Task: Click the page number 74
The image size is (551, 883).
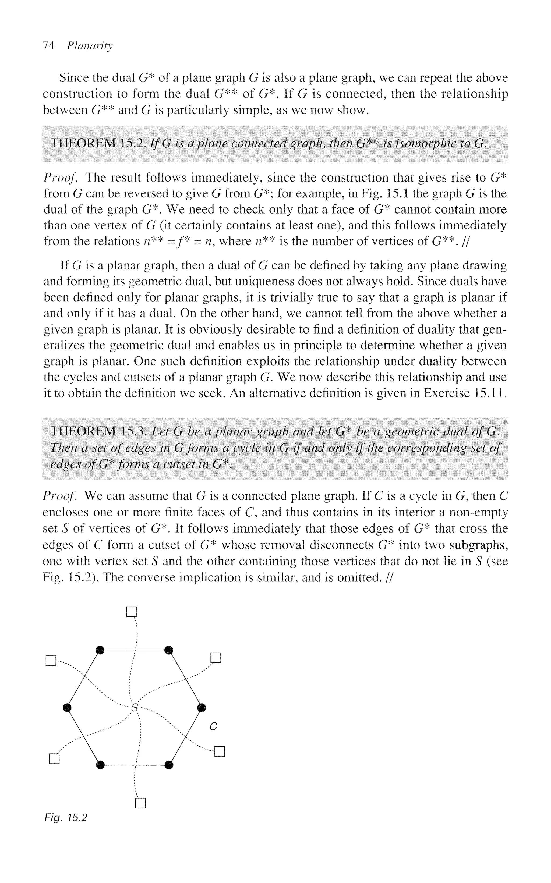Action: (48, 46)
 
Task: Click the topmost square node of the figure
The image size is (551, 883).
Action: (131, 611)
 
